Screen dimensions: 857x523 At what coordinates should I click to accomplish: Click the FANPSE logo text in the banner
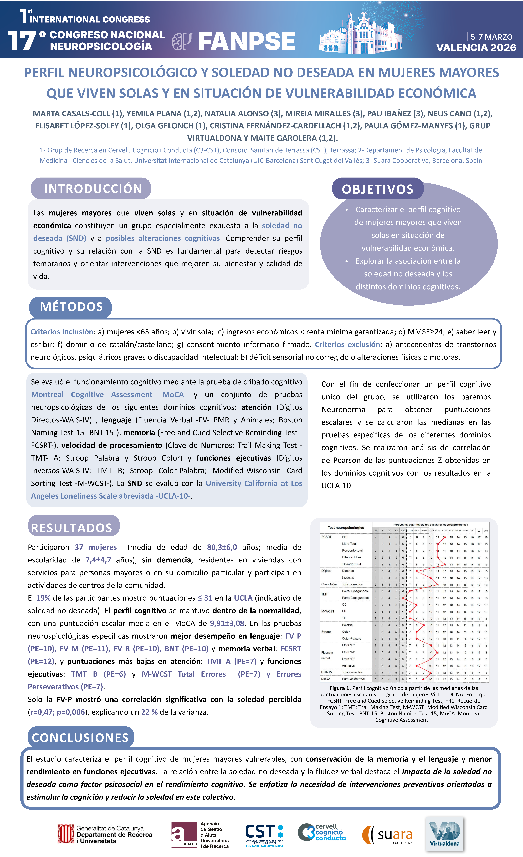coord(246,41)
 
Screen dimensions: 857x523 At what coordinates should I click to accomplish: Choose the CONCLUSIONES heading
coord(80,737)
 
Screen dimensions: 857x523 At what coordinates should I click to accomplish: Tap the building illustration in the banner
coord(361,33)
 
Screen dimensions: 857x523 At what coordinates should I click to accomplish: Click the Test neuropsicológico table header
coord(346,527)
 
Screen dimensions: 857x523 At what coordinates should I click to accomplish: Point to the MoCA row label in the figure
coord(326,679)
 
